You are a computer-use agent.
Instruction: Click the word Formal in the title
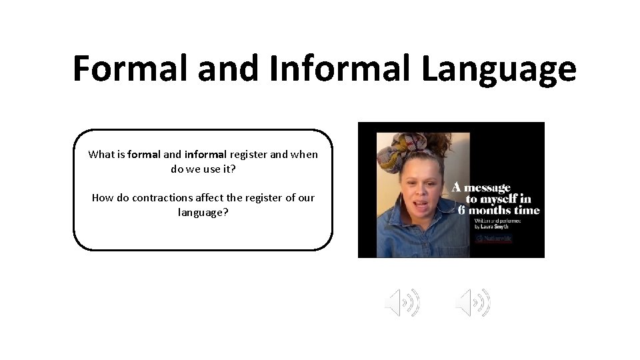coord(126,69)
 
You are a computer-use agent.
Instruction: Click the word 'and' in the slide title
coord(226,69)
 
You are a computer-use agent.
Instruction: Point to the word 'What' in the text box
coord(101,155)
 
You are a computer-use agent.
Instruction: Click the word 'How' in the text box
coord(103,198)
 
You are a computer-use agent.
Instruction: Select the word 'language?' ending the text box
coord(203,213)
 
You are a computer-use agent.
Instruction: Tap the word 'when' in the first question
coord(304,155)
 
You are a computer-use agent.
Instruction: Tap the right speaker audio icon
coord(473,303)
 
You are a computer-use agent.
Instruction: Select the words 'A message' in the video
coord(481,187)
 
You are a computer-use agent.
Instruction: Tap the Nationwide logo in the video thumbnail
coord(494,239)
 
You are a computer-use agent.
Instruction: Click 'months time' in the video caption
coord(503,211)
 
